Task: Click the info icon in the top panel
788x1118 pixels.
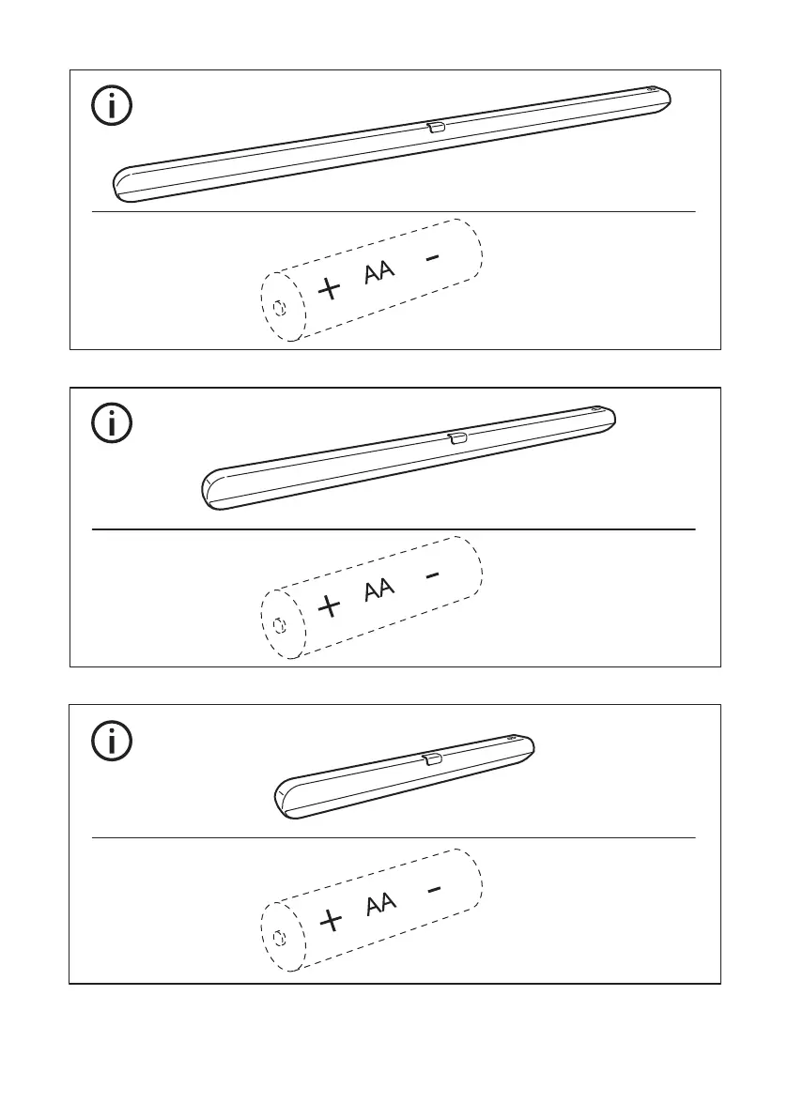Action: [x=112, y=107]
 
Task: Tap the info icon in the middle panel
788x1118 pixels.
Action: [x=112, y=424]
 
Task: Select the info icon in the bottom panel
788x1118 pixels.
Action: [x=112, y=742]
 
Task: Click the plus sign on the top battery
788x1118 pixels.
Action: [x=330, y=288]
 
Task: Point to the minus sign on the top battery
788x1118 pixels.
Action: [x=430, y=258]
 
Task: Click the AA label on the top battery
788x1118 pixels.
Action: [x=379, y=273]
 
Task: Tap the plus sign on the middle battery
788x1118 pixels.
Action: [x=330, y=605]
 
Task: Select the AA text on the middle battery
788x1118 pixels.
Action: [x=379, y=590]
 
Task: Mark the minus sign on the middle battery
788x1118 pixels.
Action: [x=430, y=575]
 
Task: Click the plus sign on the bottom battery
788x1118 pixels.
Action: [x=330, y=921]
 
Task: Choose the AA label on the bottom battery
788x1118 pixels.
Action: [x=379, y=905]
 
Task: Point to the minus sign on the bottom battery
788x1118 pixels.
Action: [x=430, y=890]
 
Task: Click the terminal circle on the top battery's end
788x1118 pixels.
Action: [x=279, y=307]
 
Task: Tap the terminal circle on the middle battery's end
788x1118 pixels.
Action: [x=279, y=624]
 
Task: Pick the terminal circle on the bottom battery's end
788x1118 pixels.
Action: [x=279, y=939]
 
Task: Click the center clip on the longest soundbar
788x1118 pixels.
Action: [x=436, y=127]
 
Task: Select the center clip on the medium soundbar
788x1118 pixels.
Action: [x=457, y=438]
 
